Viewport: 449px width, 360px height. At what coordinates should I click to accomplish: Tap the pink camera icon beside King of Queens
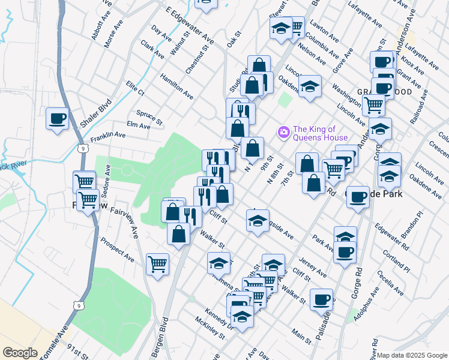point(283,131)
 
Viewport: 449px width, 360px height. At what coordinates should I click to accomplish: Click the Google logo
point(20,353)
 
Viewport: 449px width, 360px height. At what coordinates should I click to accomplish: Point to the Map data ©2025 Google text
point(412,355)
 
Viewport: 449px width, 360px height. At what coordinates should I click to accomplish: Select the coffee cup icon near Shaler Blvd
point(58,118)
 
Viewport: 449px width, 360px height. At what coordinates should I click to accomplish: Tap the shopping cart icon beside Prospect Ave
point(157,263)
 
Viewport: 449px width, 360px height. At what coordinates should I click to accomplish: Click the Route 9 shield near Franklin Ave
point(82,147)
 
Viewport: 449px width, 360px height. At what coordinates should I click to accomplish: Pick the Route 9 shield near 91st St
point(79,305)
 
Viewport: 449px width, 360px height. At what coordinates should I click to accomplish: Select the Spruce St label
point(149,116)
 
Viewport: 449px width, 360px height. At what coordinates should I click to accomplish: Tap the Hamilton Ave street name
point(176,86)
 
